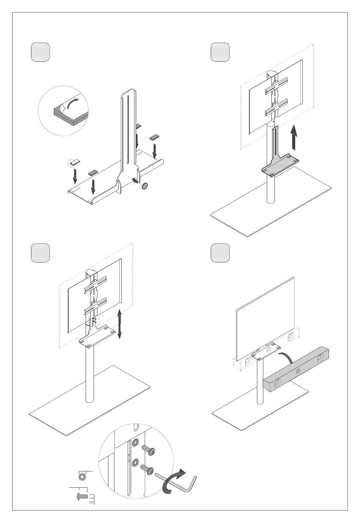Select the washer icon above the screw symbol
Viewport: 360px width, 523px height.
pos(81,476)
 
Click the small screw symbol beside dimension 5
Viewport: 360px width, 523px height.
pos(82,496)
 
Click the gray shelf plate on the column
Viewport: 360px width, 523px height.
pos(280,165)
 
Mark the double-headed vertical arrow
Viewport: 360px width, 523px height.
pos(119,324)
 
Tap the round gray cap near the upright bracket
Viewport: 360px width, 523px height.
pos(144,186)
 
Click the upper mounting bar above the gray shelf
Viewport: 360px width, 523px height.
pos(276,86)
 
